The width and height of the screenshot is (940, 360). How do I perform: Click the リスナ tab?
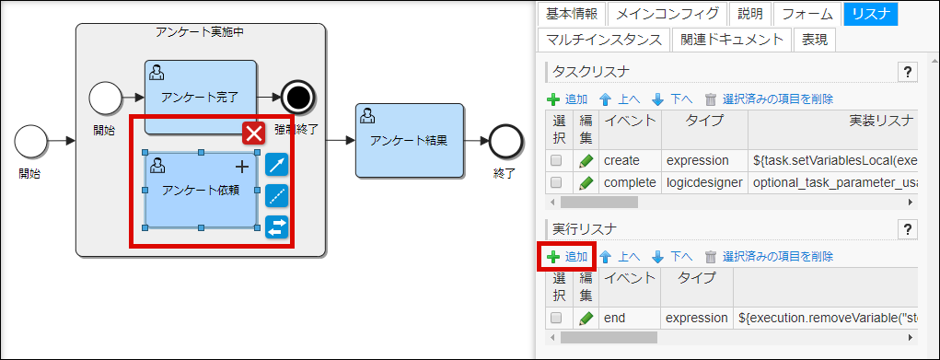[x=870, y=14]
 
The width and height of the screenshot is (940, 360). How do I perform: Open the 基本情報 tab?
[x=571, y=14]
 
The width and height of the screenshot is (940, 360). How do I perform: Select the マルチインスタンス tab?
[x=603, y=40]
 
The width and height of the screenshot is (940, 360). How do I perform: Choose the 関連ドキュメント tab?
[x=733, y=40]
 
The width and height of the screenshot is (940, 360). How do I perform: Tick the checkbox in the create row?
[x=556, y=160]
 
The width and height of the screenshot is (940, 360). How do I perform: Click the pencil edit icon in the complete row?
[x=586, y=182]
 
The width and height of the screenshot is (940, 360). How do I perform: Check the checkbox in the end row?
[x=556, y=319]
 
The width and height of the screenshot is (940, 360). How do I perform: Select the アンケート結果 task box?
[x=409, y=140]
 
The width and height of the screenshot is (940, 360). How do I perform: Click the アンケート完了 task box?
[x=200, y=95]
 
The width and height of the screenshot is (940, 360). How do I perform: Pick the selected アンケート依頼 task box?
[x=200, y=190]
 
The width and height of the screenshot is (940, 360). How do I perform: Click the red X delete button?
[x=254, y=134]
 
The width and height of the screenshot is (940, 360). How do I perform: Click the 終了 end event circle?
[x=505, y=141]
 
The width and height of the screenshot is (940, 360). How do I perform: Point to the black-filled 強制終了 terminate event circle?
[x=298, y=95]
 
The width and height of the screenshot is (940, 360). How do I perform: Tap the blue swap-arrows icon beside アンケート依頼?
[x=277, y=226]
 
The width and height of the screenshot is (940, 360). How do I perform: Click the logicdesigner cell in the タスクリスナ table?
[x=703, y=182]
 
